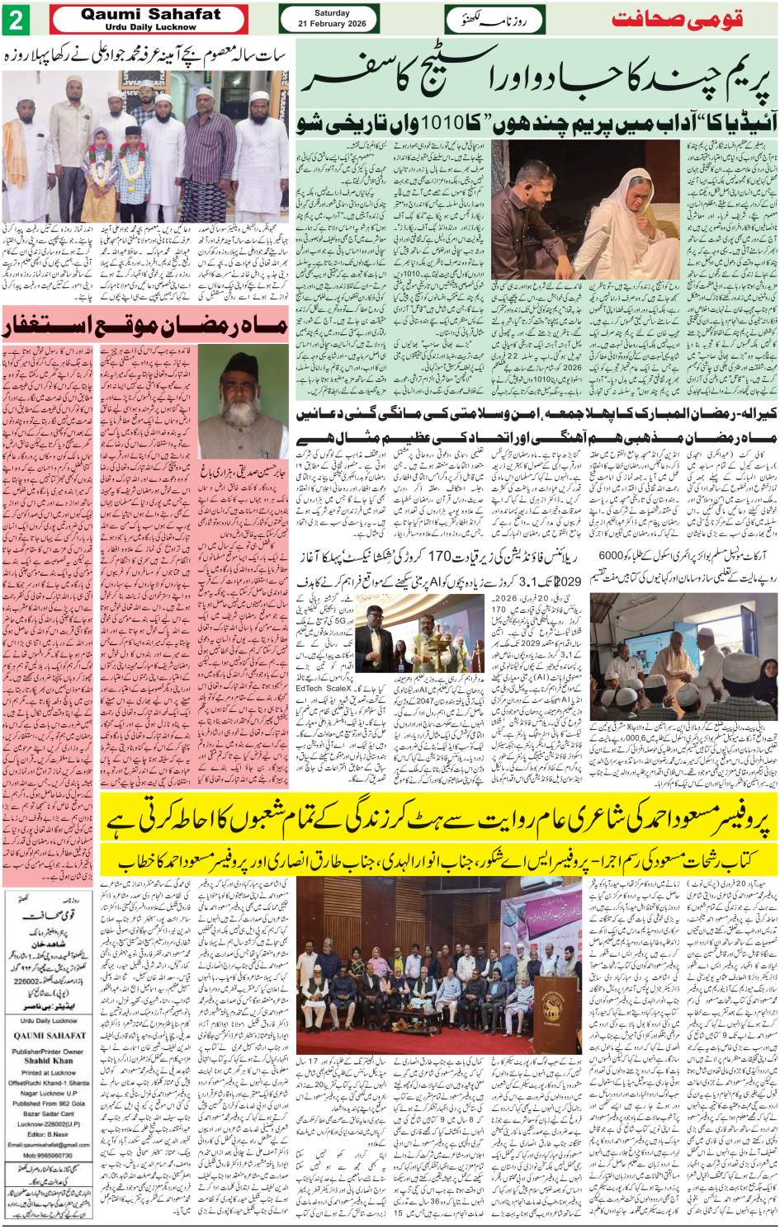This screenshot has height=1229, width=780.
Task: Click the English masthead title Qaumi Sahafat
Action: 151,14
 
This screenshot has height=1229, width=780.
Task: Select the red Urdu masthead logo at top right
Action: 677,19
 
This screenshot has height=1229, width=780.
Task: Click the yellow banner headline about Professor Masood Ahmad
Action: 438,820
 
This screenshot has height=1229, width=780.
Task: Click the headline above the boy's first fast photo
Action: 145,57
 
